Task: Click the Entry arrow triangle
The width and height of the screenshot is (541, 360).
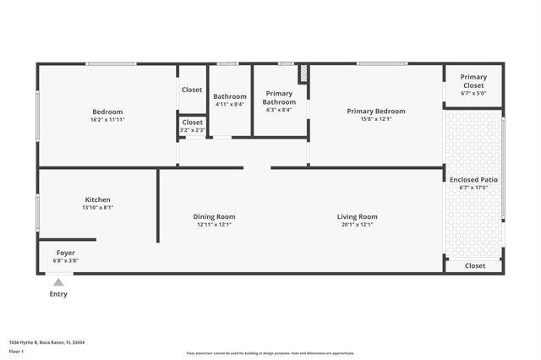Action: point(57,283)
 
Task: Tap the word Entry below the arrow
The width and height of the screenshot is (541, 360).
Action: point(58,294)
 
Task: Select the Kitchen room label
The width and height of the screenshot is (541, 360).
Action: point(97,199)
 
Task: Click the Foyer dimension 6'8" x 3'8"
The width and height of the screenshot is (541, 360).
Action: point(66,260)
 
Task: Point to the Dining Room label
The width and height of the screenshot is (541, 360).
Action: point(214,216)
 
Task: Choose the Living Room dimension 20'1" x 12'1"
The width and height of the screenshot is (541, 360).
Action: point(357,224)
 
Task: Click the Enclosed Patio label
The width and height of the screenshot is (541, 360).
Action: point(473,179)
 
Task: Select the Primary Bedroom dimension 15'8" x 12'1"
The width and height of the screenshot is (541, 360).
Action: point(376,119)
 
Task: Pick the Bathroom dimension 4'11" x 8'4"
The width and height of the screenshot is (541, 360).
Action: point(229,105)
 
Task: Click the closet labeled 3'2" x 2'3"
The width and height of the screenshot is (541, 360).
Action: point(192,130)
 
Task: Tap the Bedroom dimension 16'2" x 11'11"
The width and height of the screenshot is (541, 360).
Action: point(107,119)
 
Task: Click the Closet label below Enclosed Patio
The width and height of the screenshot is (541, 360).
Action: point(475,265)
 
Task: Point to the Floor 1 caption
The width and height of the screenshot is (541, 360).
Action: point(17,351)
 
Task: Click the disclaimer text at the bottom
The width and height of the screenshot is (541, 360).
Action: point(270,353)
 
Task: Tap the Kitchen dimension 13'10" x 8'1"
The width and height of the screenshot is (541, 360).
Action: point(97,207)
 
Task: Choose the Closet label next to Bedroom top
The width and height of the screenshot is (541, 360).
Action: point(192,90)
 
